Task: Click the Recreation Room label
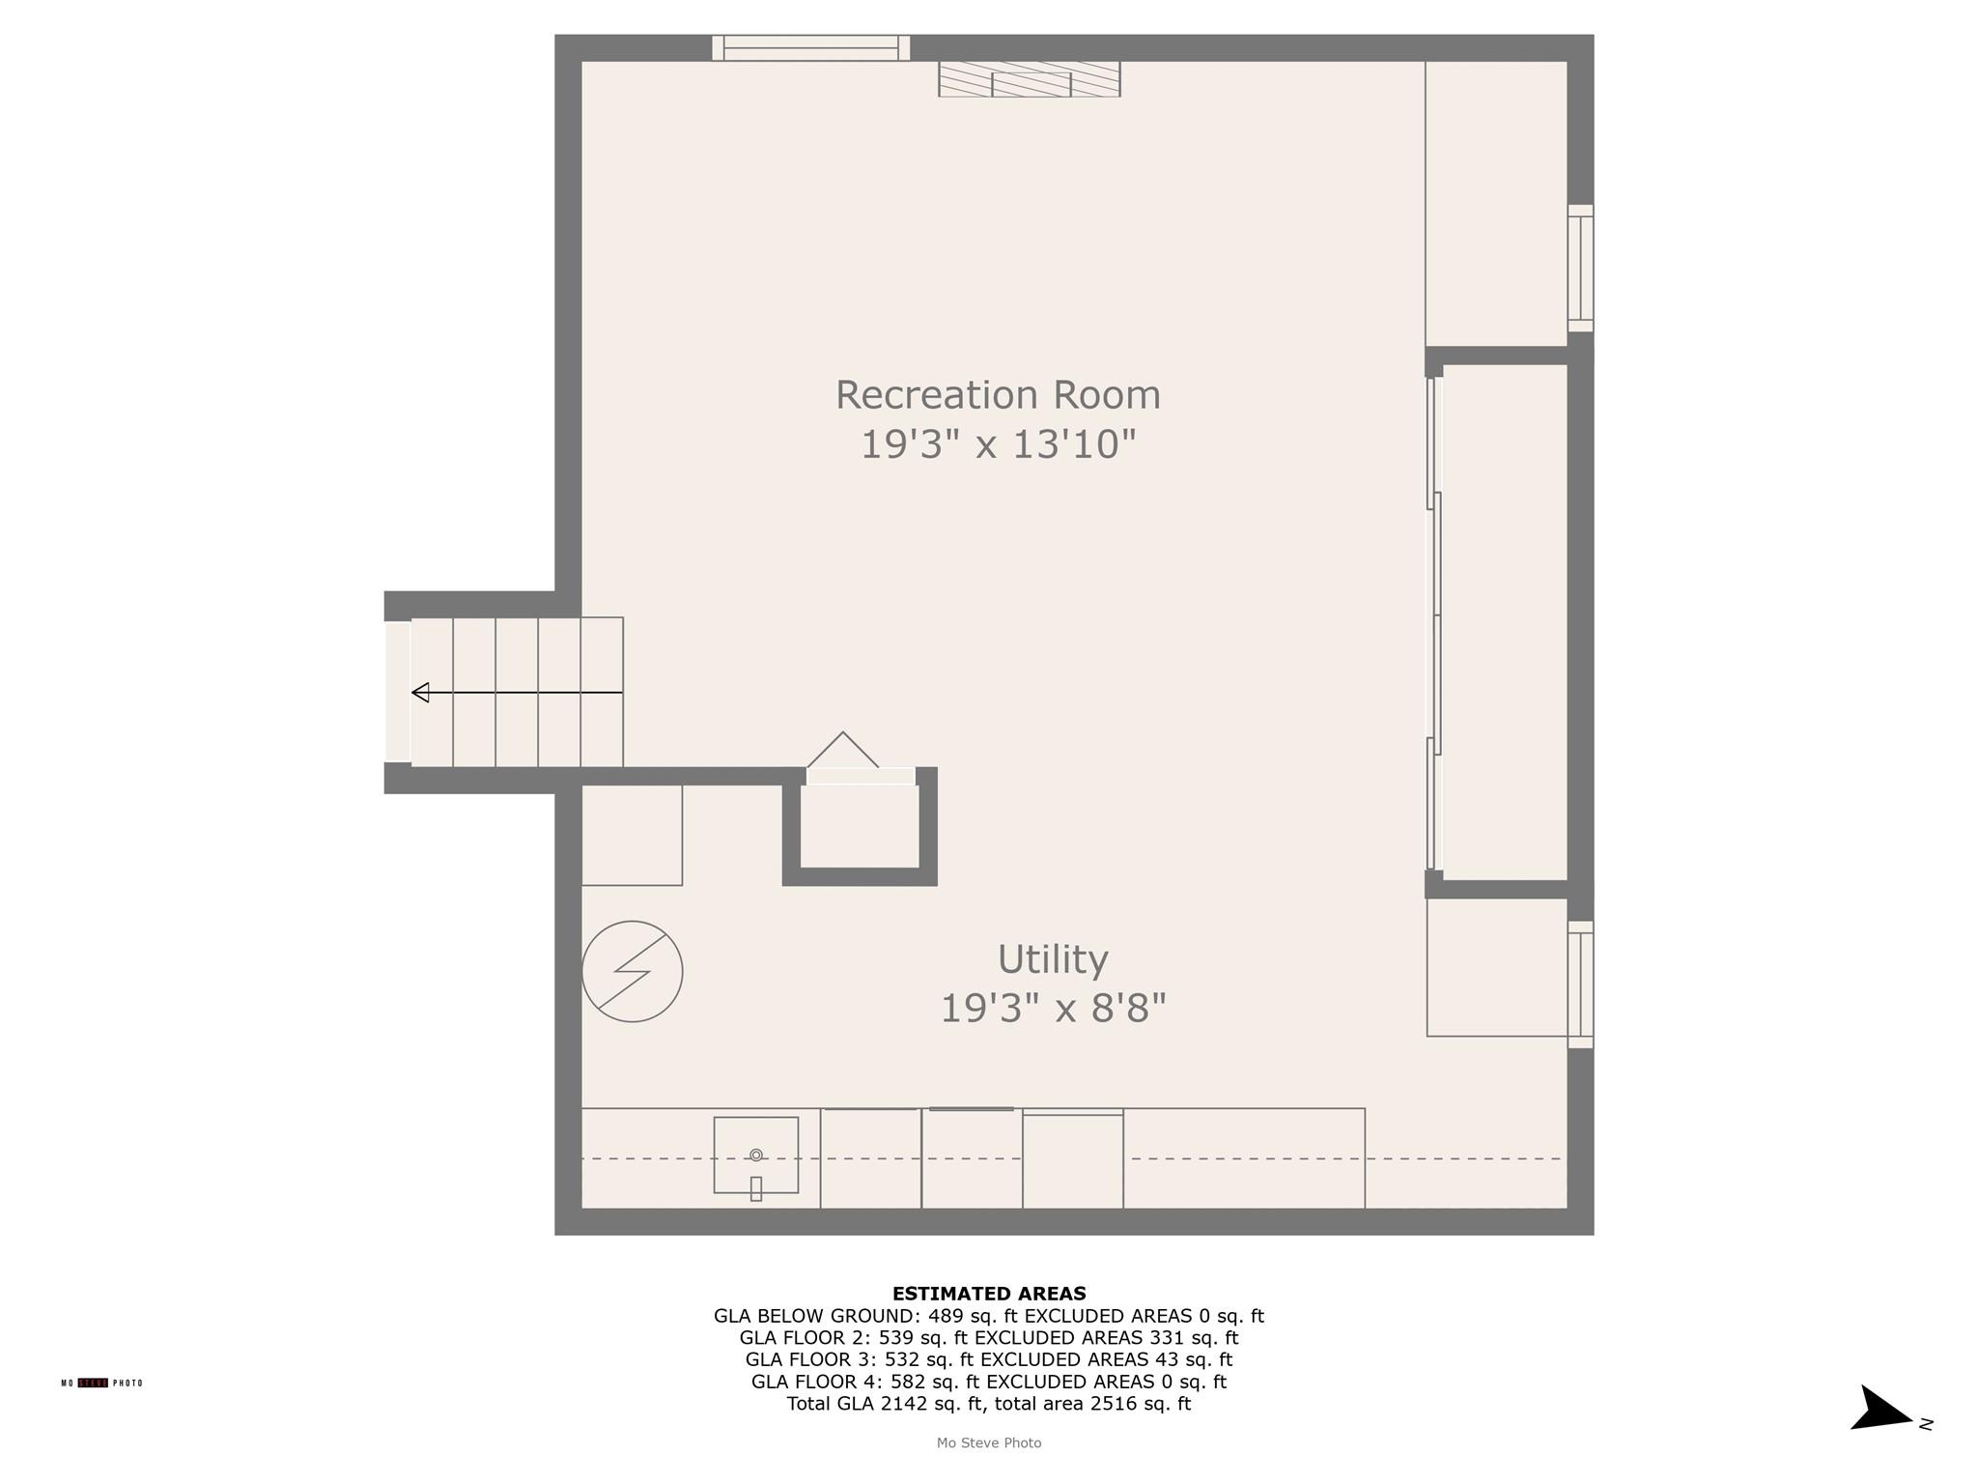[997, 394]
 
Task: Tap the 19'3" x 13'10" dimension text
[997, 444]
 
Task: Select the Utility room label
[1052, 959]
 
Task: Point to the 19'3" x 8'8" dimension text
[1053, 1009]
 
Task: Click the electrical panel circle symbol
[632, 971]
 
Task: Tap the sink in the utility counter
[755, 1156]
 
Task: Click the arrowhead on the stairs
[421, 692]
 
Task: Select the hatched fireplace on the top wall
[1029, 79]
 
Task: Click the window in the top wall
[810, 47]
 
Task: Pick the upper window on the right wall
[1580, 268]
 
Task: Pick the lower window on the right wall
[1580, 984]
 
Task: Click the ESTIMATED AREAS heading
[988, 1293]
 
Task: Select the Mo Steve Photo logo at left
[101, 1383]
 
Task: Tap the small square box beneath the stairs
[632, 835]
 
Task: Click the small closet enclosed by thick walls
[860, 826]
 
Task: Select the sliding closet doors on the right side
[1434, 623]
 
